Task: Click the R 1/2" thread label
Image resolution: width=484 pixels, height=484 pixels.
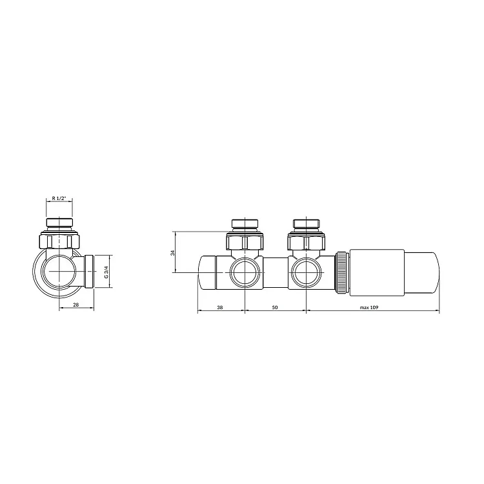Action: (59, 198)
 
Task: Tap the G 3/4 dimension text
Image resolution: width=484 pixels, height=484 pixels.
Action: (106, 272)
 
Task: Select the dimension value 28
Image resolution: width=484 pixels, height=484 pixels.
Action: (76, 305)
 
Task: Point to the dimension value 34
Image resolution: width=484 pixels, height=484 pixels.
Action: (173, 252)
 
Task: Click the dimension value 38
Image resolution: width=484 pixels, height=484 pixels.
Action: (220, 307)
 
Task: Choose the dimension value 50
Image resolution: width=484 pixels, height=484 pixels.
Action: (276, 307)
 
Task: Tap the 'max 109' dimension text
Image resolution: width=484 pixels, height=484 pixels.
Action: (369, 307)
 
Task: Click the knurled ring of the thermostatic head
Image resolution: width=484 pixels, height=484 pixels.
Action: (342, 272)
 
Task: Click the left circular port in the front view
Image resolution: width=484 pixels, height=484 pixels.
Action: (245, 272)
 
